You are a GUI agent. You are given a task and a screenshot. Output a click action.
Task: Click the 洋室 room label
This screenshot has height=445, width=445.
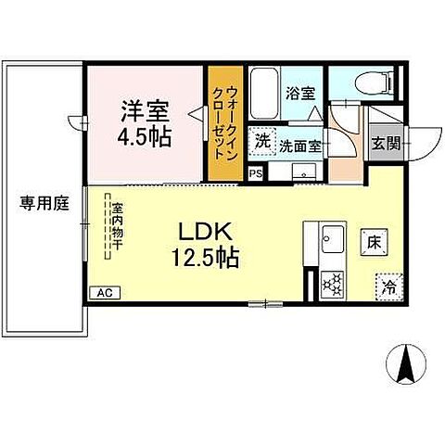pyautogui.click(x=142, y=108)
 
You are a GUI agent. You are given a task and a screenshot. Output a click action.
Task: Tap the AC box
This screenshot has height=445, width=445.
pyautogui.click(x=104, y=292)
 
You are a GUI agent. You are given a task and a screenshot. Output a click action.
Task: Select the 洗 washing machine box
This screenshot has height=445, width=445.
pyautogui.click(x=262, y=143)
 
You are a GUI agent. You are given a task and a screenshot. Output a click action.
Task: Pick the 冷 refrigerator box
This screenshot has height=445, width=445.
pyautogui.click(x=389, y=287)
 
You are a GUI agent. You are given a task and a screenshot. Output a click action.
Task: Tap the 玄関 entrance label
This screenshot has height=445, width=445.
pyautogui.click(x=385, y=144)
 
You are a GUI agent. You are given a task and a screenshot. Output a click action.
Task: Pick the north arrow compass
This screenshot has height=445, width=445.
pyautogui.click(x=406, y=364)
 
